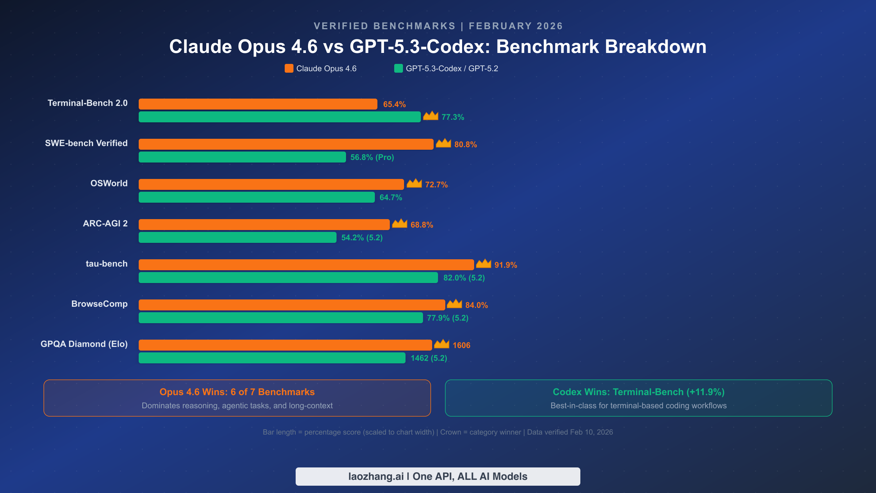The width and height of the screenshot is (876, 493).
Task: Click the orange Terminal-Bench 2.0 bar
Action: click(258, 104)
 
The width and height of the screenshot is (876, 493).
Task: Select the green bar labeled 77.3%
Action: click(280, 117)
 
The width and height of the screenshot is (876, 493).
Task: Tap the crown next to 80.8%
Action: click(443, 143)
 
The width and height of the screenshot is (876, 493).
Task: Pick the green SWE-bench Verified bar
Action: click(242, 157)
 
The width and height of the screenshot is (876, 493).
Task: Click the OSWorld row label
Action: click(109, 183)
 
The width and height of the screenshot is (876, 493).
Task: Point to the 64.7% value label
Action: click(391, 198)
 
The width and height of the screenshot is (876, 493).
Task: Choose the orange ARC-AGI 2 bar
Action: click(264, 225)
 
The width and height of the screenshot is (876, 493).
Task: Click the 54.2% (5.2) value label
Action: click(362, 238)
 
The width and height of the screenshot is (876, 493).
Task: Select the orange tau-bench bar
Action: click(306, 265)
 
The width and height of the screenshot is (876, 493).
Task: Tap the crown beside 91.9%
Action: click(484, 264)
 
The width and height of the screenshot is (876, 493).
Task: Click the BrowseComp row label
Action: click(99, 304)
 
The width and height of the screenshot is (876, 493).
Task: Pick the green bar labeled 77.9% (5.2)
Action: click(281, 318)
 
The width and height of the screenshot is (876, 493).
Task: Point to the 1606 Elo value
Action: click(461, 345)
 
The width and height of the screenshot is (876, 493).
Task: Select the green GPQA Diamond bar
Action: click(272, 358)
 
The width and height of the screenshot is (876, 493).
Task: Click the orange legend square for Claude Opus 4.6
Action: click(289, 68)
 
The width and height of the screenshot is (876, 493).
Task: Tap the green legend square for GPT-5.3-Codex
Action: click(399, 68)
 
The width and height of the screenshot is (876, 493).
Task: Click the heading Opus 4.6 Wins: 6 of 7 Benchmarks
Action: click(237, 392)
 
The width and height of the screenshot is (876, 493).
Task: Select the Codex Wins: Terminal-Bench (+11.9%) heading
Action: click(638, 392)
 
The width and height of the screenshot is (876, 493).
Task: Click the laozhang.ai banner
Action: click(438, 476)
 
